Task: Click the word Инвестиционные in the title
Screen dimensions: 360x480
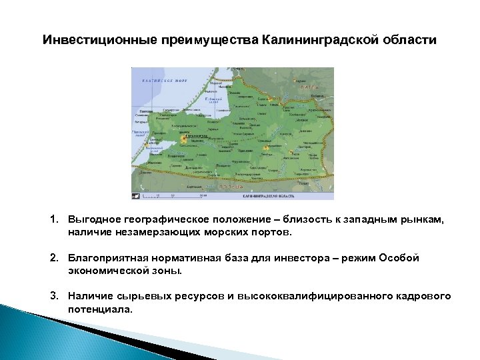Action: [99, 40]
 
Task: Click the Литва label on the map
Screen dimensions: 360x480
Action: [308, 87]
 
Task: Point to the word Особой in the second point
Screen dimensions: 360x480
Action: [401, 258]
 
